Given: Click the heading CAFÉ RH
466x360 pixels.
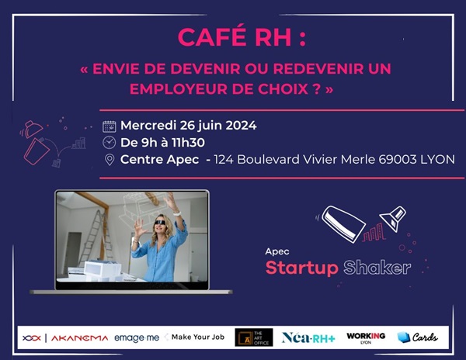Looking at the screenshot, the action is pyautogui.click(x=235, y=36).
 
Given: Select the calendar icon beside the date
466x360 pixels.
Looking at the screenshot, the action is pyautogui.click(x=109, y=126).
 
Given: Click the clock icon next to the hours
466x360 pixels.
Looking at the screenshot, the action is pyautogui.click(x=109, y=143).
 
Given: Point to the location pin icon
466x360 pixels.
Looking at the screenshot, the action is pyautogui.click(x=110, y=160).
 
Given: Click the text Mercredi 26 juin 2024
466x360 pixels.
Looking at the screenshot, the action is pyautogui.click(x=189, y=126).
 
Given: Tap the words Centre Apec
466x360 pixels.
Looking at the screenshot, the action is pyautogui.click(x=159, y=160).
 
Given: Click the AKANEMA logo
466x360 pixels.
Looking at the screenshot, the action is pyautogui.click(x=80, y=338).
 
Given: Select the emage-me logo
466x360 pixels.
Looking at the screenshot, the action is pyautogui.click(x=137, y=337).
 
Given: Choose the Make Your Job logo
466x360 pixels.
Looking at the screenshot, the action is pyautogui.click(x=195, y=337).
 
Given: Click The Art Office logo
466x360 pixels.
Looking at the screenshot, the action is pyautogui.click(x=254, y=337).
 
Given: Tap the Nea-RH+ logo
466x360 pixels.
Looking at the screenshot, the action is pyautogui.click(x=308, y=337).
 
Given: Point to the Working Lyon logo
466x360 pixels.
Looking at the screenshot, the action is pyautogui.click(x=366, y=337).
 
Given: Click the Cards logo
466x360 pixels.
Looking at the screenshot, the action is pyautogui.click(x=417, y=337).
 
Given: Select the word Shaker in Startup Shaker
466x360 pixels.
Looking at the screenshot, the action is pyautogui.click(x=377, y=268).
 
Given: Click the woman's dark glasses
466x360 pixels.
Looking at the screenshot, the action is pyautogui.click(x=159, y=223).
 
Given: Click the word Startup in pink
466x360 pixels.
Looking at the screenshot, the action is pyautogui.click(x=301, y=268).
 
